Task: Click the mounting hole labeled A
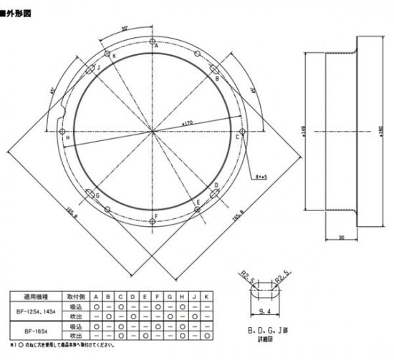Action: [x=153, y=41]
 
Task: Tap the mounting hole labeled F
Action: [x=153, y=222]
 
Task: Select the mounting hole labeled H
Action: [x=62, y=132]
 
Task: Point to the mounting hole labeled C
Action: [x=243, y=132]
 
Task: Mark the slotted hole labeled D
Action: [x=214, y=193]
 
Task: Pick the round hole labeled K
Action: [x=107, y=54]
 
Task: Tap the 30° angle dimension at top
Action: [x=125, y=29]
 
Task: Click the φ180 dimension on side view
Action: [x=380, y=133]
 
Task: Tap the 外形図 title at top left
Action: [x=19, y=11]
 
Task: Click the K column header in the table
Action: [x=207, y=295]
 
